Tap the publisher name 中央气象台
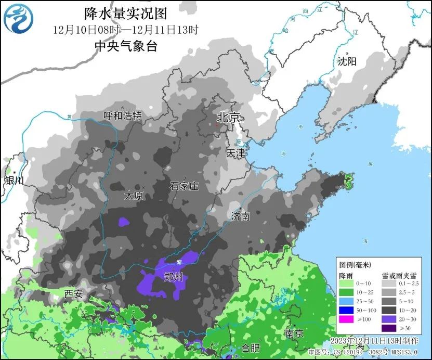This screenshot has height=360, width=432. (125, 46)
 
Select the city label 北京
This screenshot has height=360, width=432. (228, 118)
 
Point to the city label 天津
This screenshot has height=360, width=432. (235, 153)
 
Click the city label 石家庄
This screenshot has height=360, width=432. (184, 186)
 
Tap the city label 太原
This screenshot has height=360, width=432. (133, 196)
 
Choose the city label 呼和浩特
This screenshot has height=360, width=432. (122, 115)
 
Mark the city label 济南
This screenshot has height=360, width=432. (241, 216)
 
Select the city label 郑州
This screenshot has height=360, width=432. (173, 276)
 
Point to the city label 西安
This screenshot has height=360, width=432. (73, 293)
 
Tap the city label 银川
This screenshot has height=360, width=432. (14, 181)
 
